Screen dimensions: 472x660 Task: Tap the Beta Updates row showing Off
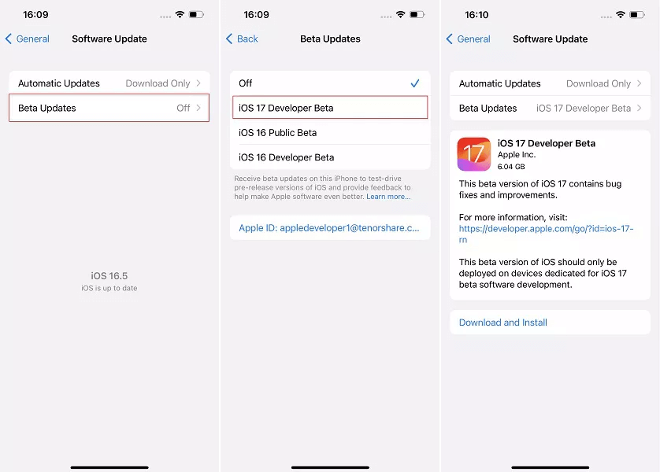pyautogui.click(x=109, y=108)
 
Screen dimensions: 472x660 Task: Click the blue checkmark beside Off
pyautogui.click(x=415, y=83)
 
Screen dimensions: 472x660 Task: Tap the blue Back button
pyautogui.click(x=243, y=39)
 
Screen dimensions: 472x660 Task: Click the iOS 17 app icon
pyautogui.click(x=474, y=154)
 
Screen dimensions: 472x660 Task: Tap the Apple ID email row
pyautogui.click(x=330, y=228)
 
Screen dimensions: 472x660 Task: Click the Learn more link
pyautogui.click(x=388, y=197)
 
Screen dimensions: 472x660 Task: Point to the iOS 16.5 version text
pyautogui.click(x=109, y=276)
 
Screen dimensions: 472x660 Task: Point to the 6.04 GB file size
pyautogui.click(x=512, y=167)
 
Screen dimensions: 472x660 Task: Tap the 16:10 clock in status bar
pyautogui.click(x=476, y=15)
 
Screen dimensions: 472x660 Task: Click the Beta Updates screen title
pyautogui.click(x=330, y=39)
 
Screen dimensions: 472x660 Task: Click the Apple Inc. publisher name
pyautogui.click(x=517, y=155)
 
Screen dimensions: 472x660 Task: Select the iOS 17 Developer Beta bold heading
pyautogui.click(x=547, y=143)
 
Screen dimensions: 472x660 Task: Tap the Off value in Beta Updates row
pyautogui.click(x=184, y=108)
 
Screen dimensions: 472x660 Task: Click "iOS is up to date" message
pyautogui.click(x=109, y=289)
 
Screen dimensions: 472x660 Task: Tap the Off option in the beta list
pyautogui.click(x=246, y=83)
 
